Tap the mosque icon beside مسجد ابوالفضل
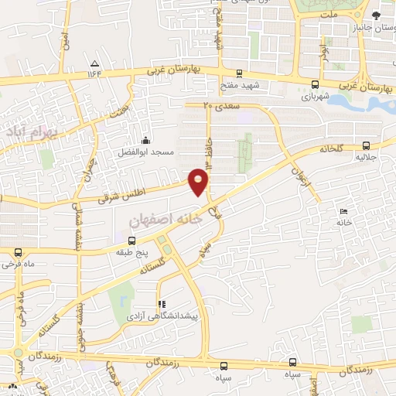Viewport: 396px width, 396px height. tap(146, 141)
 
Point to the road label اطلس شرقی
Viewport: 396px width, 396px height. tap(122, 193)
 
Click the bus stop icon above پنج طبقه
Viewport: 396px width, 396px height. tap(128, 241)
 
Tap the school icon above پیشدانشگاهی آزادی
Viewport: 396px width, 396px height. tap(161, 304)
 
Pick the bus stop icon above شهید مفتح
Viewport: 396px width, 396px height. tap(239, 74)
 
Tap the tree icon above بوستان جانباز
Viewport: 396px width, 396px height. tap(376, 15)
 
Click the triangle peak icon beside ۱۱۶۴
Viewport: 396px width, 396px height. tap(94, 63)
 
